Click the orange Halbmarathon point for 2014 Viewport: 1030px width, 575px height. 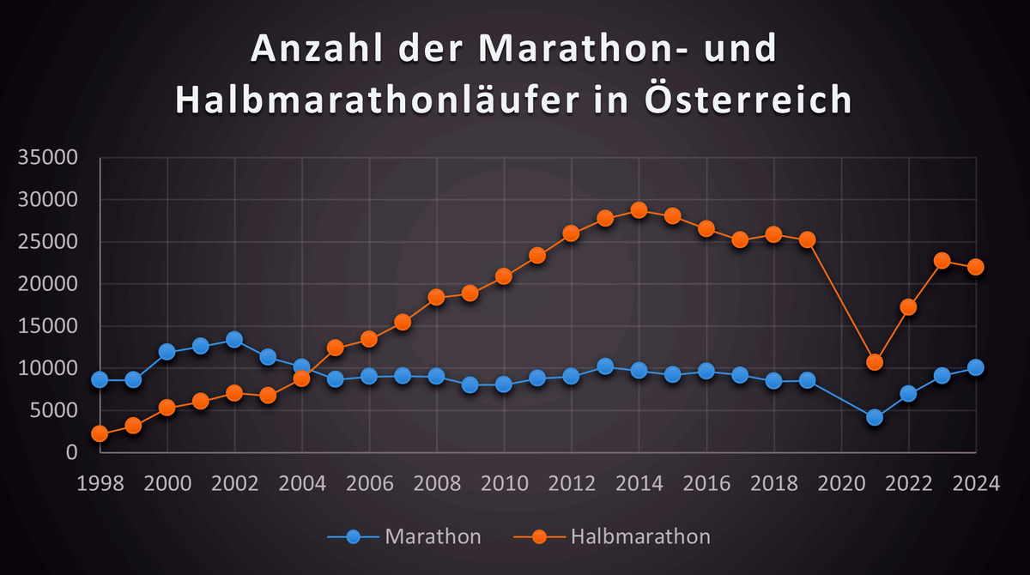click(639, 210)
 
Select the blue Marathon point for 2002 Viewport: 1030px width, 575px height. click(234, 340)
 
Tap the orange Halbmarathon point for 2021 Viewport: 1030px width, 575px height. click(875, 362)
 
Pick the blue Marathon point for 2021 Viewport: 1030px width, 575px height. click(875, 417)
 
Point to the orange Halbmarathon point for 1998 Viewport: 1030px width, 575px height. click(100, 434)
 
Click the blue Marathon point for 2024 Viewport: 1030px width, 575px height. click(976, 367)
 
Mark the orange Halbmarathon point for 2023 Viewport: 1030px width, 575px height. click(942, 261)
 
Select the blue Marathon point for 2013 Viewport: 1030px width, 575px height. click(605, 366)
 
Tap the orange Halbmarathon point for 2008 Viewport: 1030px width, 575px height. click(436, 297)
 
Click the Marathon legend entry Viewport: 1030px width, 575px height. click(404, 537)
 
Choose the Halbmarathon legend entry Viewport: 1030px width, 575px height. click(613, 537)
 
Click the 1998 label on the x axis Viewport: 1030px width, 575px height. click(100, 483)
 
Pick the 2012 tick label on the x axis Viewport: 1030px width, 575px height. click(571, 483)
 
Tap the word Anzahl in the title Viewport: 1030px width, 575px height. click(313, 50)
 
